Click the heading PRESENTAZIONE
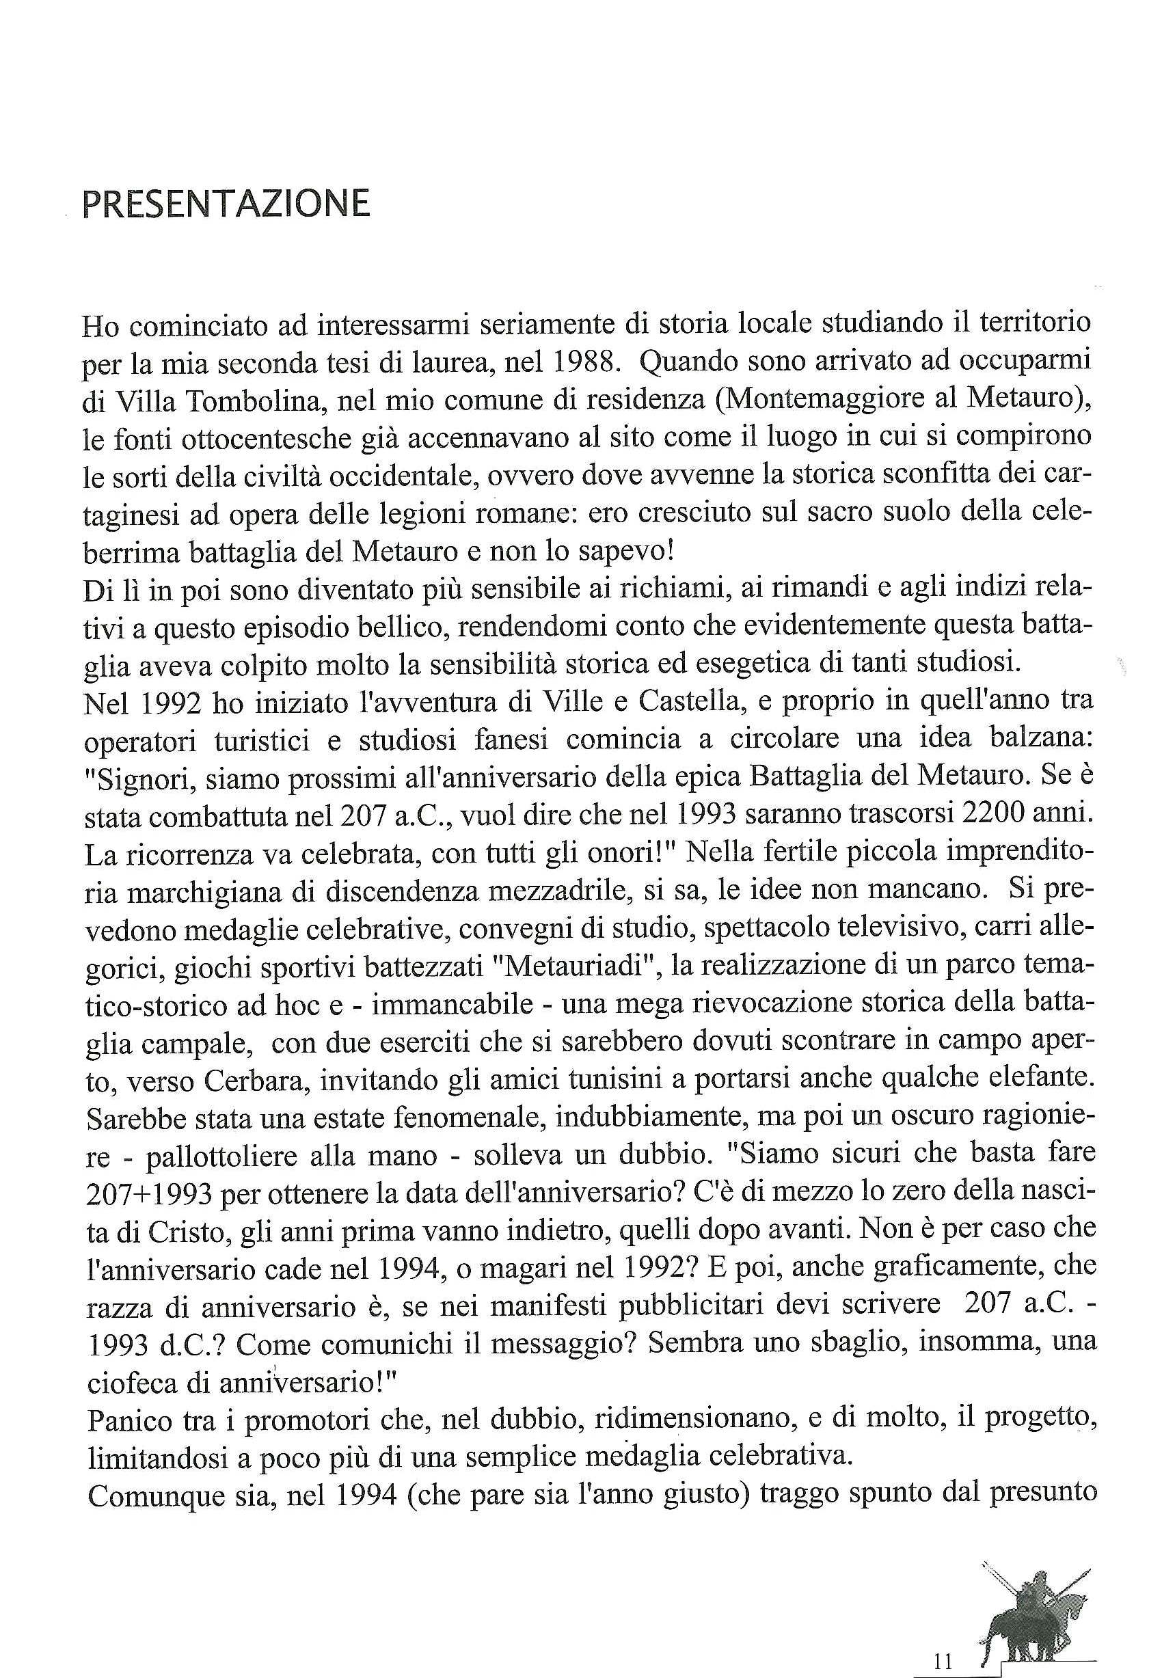pos(226,204)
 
